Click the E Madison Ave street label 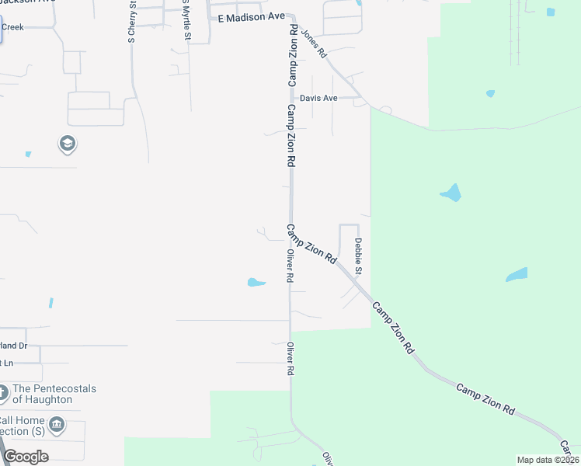click(x=251, y=17)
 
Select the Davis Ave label click(x=319, y=99)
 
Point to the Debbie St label click(x=359, y=256)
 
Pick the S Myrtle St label click(x=186, y=21)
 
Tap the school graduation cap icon click(x=67, y=144)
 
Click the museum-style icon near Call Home click(x=57, y=425)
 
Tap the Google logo click(x=26, y=457)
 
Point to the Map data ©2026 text click(x=548, y=460)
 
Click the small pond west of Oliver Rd click(x=256, y=282)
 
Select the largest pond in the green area click(x=451, y=192)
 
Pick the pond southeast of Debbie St click(x=517, y=275)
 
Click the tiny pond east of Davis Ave click(x=490, y=94)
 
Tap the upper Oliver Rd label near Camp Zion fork click(x=289, y=266)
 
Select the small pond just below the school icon click(x=28, y=155)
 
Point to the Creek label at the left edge click(x=12, y=27)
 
